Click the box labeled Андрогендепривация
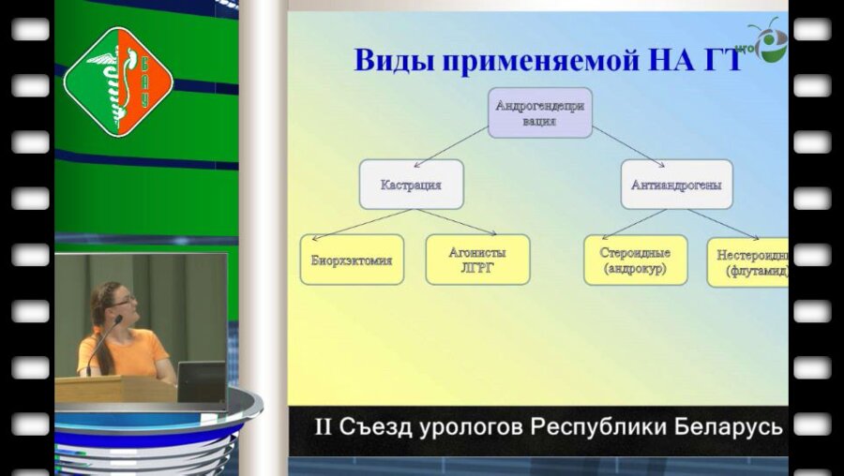pos(539,113)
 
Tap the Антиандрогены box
pos(676,185)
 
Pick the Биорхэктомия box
pos(352,260)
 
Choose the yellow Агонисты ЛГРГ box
pos(477,260)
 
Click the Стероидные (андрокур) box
pos(636,260)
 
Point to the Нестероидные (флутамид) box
pos(748,261)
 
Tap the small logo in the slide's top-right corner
pos(770,41)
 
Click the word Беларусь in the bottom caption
pos(732,427)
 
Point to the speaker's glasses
pos(124,300)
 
